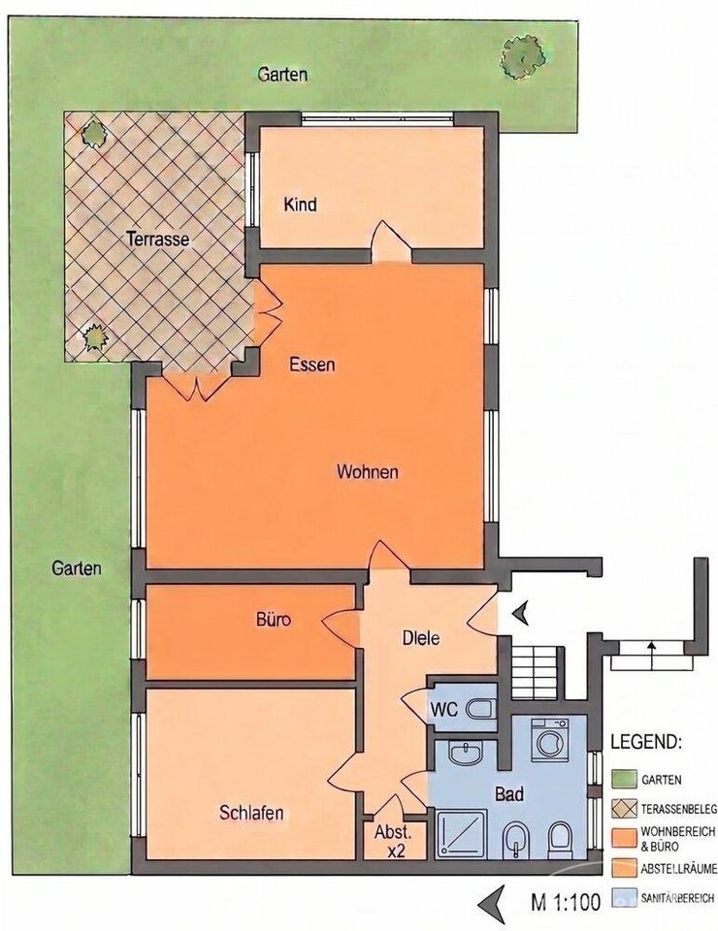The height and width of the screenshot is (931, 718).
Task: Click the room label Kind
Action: tap(300, 205)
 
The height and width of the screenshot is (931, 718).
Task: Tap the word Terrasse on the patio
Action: tap(158, 240)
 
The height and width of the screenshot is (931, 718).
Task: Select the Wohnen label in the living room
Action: tap(367, 472)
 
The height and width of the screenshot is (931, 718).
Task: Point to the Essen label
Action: tap(311, 365)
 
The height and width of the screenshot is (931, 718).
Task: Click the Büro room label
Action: tap(274, 620)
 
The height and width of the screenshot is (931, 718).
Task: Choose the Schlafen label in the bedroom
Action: tap(251, 813)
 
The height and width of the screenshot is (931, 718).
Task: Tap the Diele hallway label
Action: tap(421, 638)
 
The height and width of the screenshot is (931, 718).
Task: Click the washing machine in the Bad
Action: tap(549, 740)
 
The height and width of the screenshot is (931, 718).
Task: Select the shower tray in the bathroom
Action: tap(462, 834)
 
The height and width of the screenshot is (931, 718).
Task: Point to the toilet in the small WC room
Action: tap(479, 708)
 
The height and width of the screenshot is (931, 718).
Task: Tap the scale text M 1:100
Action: tap(566, 902)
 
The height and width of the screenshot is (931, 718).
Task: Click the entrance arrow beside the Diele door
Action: tap(521, 613)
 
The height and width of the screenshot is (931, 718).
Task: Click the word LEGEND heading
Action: tap(646, 742)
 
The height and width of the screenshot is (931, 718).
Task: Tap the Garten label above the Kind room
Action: tap(282, 75)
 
